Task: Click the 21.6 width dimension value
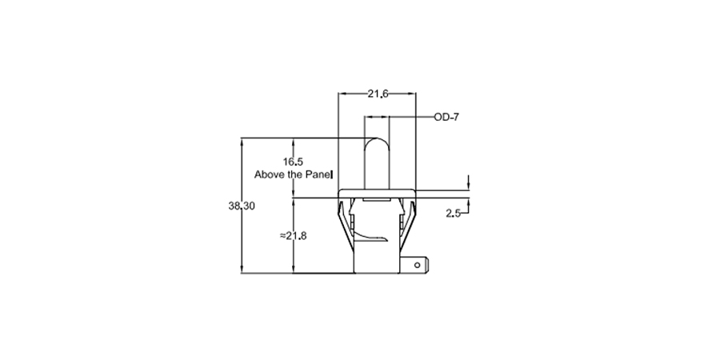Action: click(378, 94)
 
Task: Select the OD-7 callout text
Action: click(446, 117)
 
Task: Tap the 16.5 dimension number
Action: click(293, 161)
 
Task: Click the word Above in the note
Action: click(268, 174)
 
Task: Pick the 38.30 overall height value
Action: click(242, 206)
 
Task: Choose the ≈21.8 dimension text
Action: click(294, 236)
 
